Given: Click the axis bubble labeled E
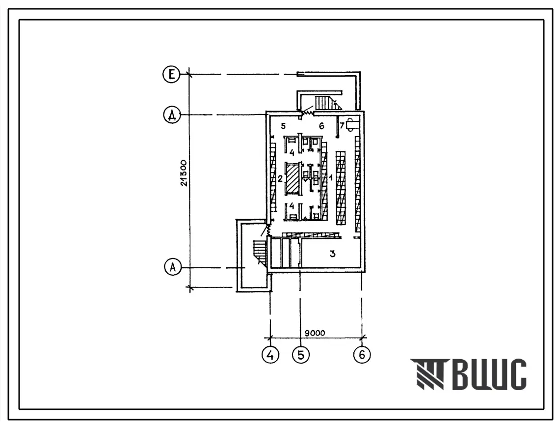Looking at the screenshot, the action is coord(171,75).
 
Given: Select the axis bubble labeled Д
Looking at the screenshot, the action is coord(172,115).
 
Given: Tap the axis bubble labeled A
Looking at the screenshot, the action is coord(173,267).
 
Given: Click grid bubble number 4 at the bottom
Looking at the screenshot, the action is coord(270,355).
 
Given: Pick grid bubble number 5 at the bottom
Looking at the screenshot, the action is coord(301,355).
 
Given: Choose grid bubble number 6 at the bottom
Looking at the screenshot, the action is coord(362,355).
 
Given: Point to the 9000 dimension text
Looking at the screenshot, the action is coord(315,333).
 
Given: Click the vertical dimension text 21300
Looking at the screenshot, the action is coord(184,173).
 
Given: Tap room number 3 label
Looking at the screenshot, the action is coord(332,254).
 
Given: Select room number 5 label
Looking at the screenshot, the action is coord(283,126).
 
